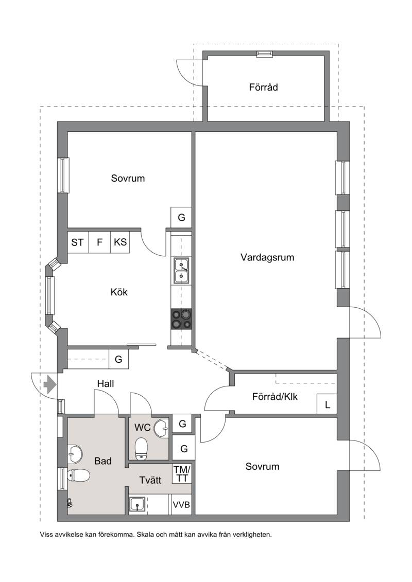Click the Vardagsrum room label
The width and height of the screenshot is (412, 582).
coord(267,257)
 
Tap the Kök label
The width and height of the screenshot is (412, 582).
coord(119,292)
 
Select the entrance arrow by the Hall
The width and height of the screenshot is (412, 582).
coord(50,384)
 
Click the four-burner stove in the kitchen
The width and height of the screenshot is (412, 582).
coord(181,319)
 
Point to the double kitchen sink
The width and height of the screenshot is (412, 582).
coord(181,271)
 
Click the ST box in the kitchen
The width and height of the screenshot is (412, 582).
coord(78,242)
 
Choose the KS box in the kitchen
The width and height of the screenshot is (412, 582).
coord(120,242)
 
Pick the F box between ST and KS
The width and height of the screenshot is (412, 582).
coord(99,242)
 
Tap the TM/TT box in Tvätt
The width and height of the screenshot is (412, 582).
coord(182,473)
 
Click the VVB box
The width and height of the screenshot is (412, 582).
coord(181,505)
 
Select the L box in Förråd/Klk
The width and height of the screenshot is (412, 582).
coord(327,404)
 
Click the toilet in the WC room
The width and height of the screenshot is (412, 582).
coord(141,449)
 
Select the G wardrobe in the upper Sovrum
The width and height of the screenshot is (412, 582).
coord(181,217)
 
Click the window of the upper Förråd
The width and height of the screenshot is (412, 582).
coord(265,54)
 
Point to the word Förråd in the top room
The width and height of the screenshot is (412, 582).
coord(263,87)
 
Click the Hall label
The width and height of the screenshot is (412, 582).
coord(106,383)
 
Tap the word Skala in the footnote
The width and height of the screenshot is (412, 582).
coord(145,535)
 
